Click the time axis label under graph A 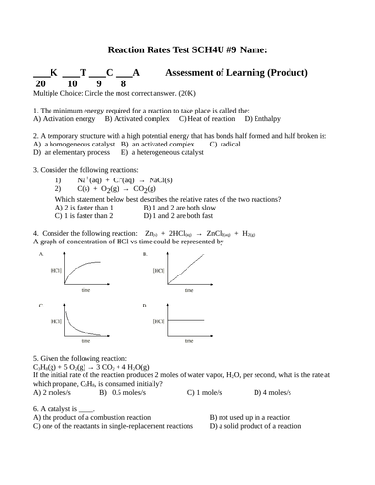85,290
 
